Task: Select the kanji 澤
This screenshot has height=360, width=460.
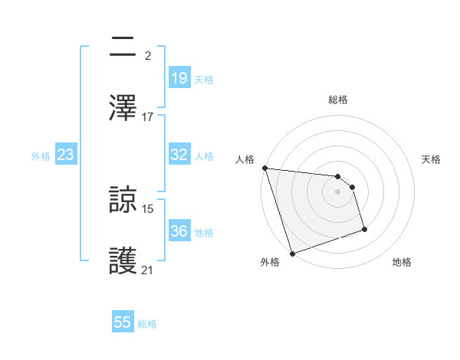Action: (x=124, y=106)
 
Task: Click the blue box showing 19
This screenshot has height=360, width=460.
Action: (x=179, y=78)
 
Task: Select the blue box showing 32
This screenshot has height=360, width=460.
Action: (x=179, y=155)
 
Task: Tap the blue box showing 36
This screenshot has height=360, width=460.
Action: (x=179, y=231)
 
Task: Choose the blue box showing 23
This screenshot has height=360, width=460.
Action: (x=66, y=155)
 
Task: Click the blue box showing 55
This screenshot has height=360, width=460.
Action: (x=123, y=322)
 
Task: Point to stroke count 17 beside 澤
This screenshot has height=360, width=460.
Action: (x=148, y=117)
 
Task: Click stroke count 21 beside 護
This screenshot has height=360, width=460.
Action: (x=148, y=270)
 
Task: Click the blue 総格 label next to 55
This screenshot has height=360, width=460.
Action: (x=147, y=324)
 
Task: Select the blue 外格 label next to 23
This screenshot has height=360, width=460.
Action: (x=41, y=155)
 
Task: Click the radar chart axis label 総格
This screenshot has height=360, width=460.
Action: (x=338, y=100)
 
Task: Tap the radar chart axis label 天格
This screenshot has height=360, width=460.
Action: (x=432, y=159)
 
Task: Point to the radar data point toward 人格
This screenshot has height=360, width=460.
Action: (x=264, y=168)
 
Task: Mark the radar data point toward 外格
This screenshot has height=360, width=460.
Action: (x=292, y=253)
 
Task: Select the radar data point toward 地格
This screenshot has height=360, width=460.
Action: (x=364, y=229)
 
